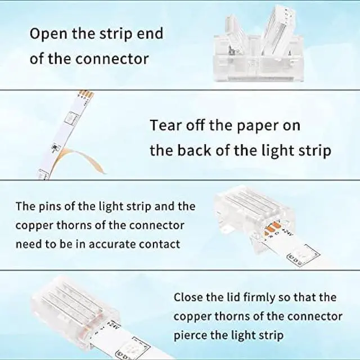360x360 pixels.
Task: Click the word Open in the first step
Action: click(x=47, y=33)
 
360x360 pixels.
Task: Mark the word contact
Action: click(x=160, y=244)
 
